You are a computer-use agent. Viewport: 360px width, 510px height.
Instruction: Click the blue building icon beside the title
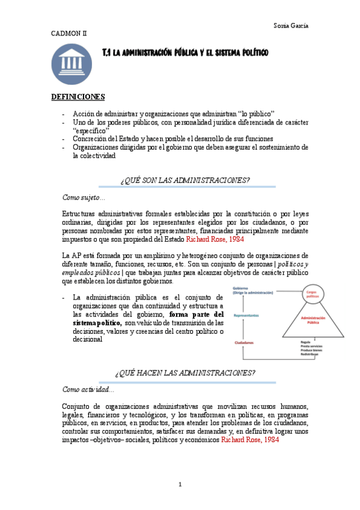pos(72,64)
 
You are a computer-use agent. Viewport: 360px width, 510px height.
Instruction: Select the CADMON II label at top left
pos(68,34)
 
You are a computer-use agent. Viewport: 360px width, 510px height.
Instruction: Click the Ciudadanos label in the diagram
pos(246,343)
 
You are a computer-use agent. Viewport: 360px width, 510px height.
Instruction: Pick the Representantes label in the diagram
pos(246,315)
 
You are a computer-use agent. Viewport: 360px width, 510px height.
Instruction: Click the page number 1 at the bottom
pos(180,484)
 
